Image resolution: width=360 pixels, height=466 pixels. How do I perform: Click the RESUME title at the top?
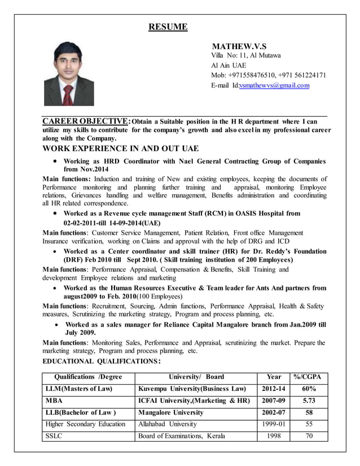click(x=168, y=27)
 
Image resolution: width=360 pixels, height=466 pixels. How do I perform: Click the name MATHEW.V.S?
click(x=239, y=46)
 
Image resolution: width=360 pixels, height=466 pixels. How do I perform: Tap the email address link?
click(x=274, y=86)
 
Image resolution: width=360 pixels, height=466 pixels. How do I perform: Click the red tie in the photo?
click(x=68, y=95)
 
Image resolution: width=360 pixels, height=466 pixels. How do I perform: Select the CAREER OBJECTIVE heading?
click(x=86, y=121)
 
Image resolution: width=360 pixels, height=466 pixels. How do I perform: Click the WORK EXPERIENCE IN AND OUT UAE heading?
click(x=121, y=149)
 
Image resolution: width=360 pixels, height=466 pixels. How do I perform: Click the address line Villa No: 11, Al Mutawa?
click(x=245, y=55)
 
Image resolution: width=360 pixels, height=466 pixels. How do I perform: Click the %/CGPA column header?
click(x=309, y=377)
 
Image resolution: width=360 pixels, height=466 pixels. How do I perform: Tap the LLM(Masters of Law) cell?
click(x=79, y=389)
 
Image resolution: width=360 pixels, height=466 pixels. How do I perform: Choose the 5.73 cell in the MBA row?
click(x=309, y=401)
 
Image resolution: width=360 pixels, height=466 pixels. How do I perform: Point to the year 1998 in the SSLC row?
click(x=273, y=436)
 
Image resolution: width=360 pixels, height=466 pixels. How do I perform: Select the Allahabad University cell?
click(x=168, y=424)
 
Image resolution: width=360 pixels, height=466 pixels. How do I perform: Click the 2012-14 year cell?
click(x=273, y=389)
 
